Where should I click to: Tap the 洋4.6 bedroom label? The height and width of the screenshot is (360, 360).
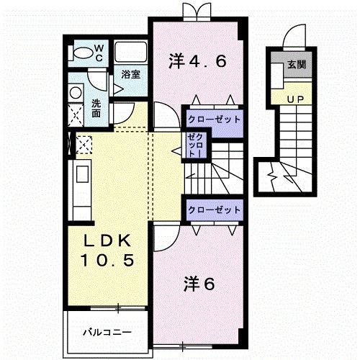click(198, 61)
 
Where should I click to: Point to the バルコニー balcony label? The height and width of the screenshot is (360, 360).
click(106, 333)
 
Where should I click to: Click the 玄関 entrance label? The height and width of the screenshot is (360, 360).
click(296, 65)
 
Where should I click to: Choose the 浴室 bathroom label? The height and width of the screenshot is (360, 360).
click(130, 74)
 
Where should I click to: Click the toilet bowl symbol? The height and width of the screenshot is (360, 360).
click(84, 51)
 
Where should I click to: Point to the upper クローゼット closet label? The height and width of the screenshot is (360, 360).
click(213, 120)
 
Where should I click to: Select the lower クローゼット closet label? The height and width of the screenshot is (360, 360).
click(213, 210)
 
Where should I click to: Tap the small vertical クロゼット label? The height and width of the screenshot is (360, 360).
click(194, 146)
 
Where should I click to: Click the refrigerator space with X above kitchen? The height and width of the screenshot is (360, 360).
click(83, 145)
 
